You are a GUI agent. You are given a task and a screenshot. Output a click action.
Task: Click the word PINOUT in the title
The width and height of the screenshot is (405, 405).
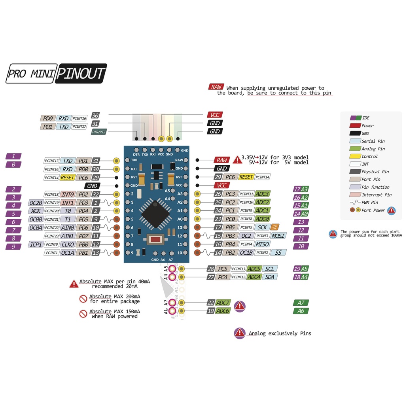(81, 74)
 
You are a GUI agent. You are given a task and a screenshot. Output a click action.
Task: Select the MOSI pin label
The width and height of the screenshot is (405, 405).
(278, 236)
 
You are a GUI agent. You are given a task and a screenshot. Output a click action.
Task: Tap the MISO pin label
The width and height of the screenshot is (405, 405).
(263, 244)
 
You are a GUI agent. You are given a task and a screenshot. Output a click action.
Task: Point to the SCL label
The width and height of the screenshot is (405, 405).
(269, 269)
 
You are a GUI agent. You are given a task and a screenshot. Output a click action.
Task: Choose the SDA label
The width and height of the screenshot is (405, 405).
(269, 277)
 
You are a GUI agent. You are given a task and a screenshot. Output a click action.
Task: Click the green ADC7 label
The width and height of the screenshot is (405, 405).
(223, 303)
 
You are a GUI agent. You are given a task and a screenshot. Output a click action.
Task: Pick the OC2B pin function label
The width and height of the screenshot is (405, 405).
(36, 202)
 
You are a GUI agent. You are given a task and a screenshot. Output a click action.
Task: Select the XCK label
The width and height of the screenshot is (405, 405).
(36, 211)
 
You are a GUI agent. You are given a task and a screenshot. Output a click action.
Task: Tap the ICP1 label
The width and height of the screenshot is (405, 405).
(36, 244)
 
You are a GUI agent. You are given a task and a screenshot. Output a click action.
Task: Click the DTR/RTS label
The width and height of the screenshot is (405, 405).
(98, 132)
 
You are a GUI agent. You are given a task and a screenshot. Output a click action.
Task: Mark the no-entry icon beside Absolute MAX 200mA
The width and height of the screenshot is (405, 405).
(83, 299)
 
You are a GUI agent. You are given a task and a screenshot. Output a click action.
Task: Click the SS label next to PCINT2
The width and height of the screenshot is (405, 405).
(278, 252)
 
